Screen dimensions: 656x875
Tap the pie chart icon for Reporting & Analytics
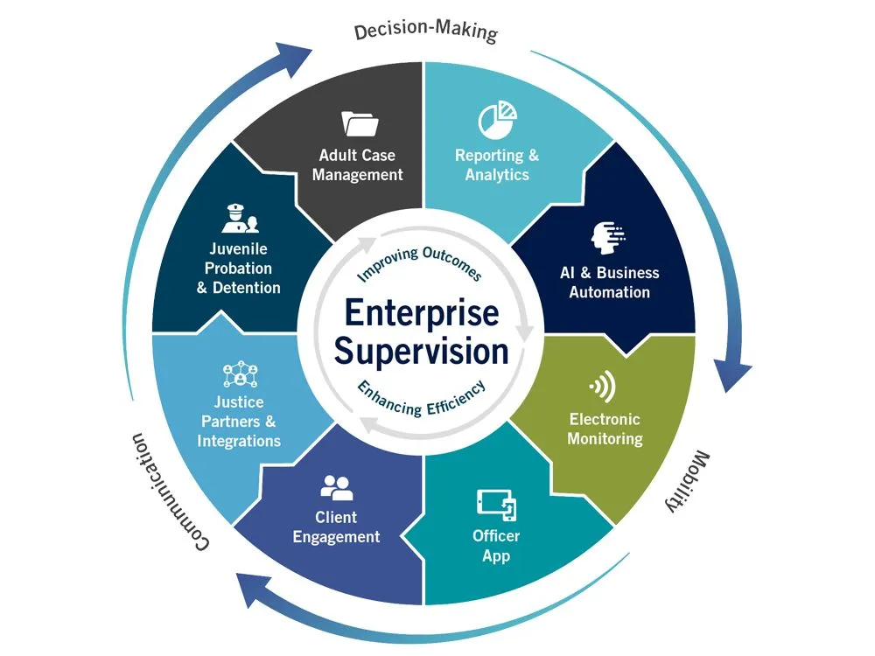pyautogui.click(x=496, y=122)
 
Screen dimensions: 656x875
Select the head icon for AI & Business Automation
pyautogui.click(x=608, y=237)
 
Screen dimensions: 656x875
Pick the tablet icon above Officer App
pyautogui.click(x=496, y=503)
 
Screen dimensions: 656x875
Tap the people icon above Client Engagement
pyautogui.click(x=336, y=486)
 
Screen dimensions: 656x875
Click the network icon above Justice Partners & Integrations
pyautogui.click(x=238, y=373)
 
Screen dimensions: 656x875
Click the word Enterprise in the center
pyautogui.click(x=421, y=312)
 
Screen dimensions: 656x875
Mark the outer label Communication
pyautogui.click(x=170, y=489)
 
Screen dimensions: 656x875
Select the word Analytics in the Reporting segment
pyautogui.click(x=496, y=175)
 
